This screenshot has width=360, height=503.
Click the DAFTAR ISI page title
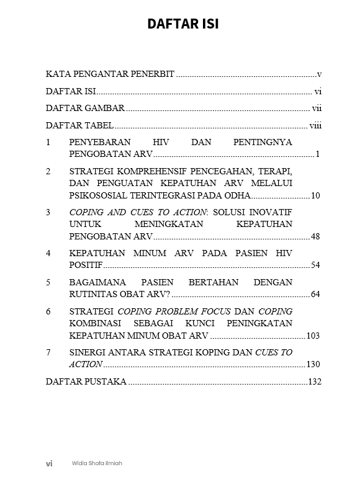pyautogui.click(x=182, y=24)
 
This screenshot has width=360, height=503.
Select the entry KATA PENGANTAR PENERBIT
pyautogui.click(x=110, y=74)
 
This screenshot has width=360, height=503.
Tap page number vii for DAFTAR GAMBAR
pyautogui.click(x=316, y=109)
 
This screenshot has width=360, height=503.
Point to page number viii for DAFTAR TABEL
pyautogui.click(x=315, y=125)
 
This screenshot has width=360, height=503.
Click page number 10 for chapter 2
pyautogui.click(x=315, y=196)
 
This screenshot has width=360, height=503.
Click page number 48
pyautogui.click(x=315, y=237)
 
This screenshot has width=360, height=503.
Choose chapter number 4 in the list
pyautogui.click(x=48, y=254)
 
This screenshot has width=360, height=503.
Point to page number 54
pyautogui.click(x=315, y=265)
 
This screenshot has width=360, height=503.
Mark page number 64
pyautogui.click(x=315, y=294)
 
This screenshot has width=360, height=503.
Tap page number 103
pyautogui.click(x=313, y=336)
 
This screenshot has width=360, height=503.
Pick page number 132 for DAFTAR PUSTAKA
pyautogui.click(x=315, y=381)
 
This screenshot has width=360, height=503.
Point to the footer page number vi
pyautogui.click(x=49, y=463)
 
